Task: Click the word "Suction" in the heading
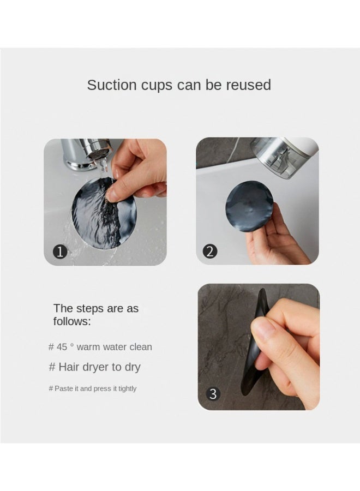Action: coord(112,85)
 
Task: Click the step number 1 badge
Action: coord(60,252)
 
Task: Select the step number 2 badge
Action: coord(210,251)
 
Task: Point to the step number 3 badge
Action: coord(213,393)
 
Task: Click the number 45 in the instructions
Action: coord(62,347)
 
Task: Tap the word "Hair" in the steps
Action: coord(68,367)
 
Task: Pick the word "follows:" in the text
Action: coord(72,321)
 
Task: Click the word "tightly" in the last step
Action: coord(128,389)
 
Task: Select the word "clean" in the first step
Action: coord(141,347)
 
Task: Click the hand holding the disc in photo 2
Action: coord(275,238)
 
